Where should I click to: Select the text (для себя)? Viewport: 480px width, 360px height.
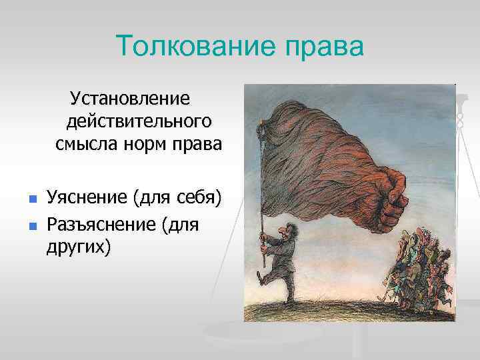tap(178, 197)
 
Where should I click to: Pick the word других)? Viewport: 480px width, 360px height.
tap(79, 247)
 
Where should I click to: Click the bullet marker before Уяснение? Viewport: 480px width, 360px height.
tap(32, 199)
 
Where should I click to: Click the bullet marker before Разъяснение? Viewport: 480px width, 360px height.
tap(32, 225)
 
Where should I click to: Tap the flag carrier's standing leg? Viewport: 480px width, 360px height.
tap(287, 293)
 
